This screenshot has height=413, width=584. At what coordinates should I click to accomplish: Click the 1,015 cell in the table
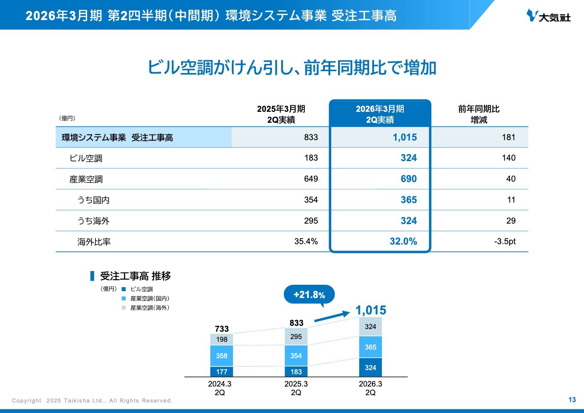point(405,137)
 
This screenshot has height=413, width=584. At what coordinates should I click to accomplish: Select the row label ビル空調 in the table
point(86,158)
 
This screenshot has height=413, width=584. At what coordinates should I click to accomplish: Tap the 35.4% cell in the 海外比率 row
point(306,241)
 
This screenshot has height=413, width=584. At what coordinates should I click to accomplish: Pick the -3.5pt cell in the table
point(505,241)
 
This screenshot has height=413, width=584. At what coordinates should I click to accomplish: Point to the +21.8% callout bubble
point(309,295)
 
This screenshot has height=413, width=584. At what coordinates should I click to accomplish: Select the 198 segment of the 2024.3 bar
point(222,339)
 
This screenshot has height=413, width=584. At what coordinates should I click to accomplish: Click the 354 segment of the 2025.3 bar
point(296,356)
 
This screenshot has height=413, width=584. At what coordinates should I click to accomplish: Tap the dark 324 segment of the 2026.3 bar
point(370,367)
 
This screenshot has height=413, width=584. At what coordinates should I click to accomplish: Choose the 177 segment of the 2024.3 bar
point(222,371)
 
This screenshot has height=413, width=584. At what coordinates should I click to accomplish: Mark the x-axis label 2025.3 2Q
point(296,388)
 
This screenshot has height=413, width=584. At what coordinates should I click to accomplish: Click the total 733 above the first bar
point(222,329)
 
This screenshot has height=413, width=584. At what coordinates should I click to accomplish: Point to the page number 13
point(572,400)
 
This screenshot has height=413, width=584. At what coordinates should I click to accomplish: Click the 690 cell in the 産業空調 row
point(408,179)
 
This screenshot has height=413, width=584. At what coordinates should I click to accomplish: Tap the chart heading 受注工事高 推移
point(135,276)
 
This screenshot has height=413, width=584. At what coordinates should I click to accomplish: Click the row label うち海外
point(94,221)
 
